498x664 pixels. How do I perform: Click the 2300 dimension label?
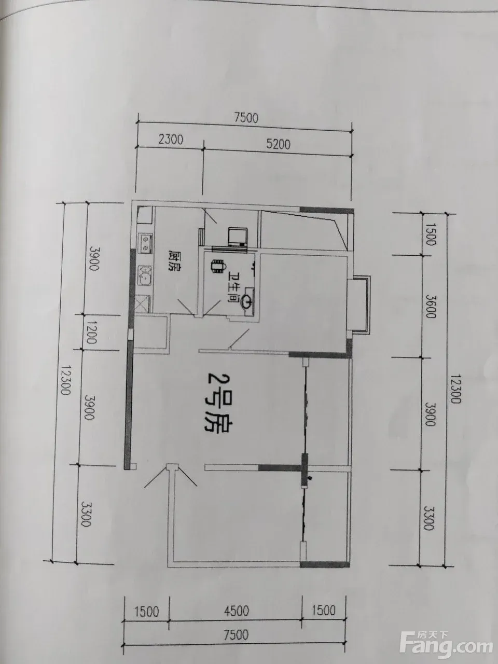171,140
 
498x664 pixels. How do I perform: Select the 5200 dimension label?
278,144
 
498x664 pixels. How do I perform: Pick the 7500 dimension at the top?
246,118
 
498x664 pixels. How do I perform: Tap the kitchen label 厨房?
174,261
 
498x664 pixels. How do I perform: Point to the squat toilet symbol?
218,267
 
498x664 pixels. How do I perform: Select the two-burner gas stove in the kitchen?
146,243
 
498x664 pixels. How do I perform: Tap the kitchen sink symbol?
145,275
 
